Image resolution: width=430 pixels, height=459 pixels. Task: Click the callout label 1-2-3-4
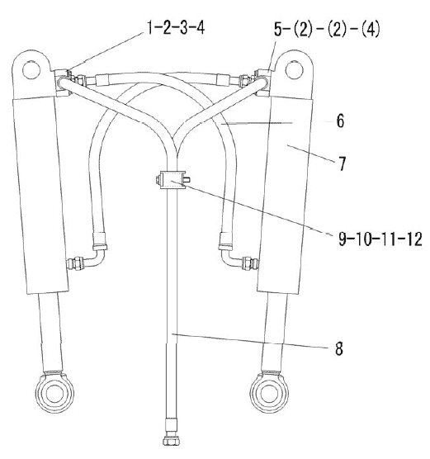tap(176, 28)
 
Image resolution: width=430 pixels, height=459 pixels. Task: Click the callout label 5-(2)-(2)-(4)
tap(327, 29)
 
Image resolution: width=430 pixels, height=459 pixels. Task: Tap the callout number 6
tap(340, 121)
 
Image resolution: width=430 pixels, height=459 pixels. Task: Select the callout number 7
tap(343, 163)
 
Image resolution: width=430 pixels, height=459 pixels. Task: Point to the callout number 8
tap(339, 348)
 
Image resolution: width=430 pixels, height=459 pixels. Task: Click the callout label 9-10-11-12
tap(380, 239)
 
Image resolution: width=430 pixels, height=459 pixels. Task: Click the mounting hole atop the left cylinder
tap(31, 69)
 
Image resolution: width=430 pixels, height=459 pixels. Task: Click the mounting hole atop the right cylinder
tap(294, 69)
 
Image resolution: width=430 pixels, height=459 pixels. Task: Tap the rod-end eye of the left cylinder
tap(54, 392)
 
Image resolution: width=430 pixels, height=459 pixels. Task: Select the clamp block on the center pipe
tap(172, 180)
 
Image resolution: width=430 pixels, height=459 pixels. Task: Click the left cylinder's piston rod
tap(50, 332)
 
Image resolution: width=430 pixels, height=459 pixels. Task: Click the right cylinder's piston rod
tap(274, 332)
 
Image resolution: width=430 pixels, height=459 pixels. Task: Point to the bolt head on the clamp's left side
tap(158, 180)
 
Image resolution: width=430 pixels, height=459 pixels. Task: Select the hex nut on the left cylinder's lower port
tap(78, 263)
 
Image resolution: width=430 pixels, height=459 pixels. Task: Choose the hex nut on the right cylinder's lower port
tap(248, 263)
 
